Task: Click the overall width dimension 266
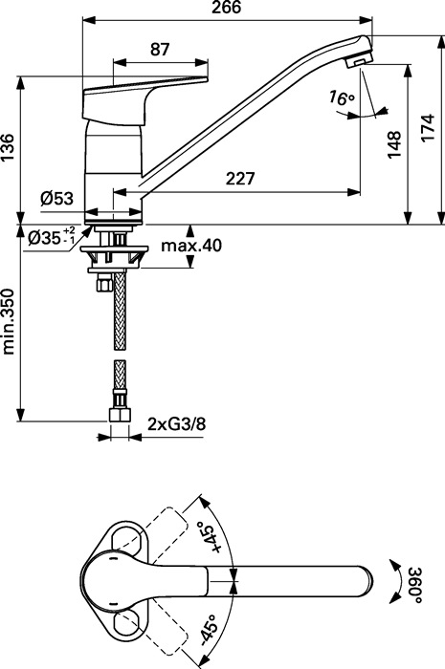click(x=227, y=8)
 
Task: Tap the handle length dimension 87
click(x=160, y=50)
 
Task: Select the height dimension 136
click(x=8, y=147)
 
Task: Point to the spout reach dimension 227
click(x=240, y=179)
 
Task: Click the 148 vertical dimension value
click(x=394, y=144)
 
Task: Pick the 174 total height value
click(x=427, y=127)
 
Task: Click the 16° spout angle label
click(x=342, y=98)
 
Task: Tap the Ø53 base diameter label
click(x=56, y=199)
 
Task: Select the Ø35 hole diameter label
click(x=52, y=236)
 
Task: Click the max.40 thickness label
click(x=191, y=246)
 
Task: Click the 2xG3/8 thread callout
click(x=177, y=424)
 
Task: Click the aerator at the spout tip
click(x=359, y=59)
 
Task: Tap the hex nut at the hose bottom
click(x=120, y=415)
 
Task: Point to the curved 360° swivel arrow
click(x=396, y=581)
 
